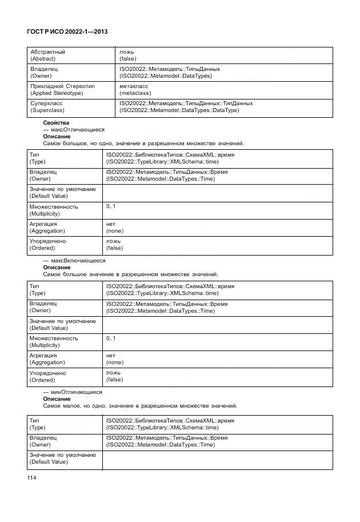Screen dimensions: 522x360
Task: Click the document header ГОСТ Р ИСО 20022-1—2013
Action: (x=67, y=33)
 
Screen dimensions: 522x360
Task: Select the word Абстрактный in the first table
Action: (x=47, y=51)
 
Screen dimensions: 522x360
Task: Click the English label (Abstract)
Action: (x=43, y=58)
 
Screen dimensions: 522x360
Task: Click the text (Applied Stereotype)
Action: (x=56, y=93)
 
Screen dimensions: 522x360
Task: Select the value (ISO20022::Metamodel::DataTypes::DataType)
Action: (x=179, y=110)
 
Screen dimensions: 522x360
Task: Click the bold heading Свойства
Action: (x=56, y=123)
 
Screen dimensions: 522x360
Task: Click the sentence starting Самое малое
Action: (x=140, y=406)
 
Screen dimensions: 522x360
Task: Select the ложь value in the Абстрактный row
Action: (x=127, y=51)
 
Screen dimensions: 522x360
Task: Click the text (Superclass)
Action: (x=47, y=110)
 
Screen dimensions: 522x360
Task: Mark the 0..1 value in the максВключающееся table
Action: (x=111, y=338)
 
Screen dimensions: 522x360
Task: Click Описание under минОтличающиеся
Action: (x=57, y=399)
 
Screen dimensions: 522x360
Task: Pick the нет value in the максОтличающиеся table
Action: (x=111, y=224)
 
